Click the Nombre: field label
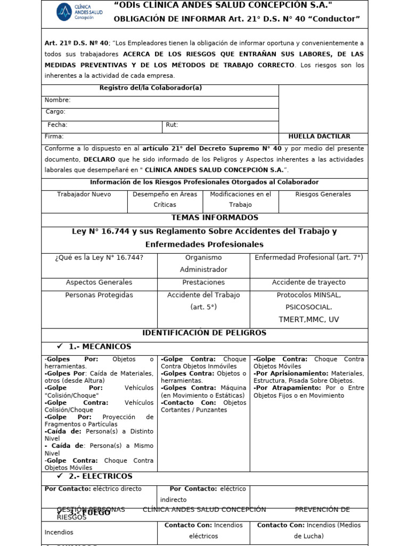click(58, 100)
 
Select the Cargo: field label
click(55, 112)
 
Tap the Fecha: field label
click(58, 125)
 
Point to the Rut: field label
click(171, 125)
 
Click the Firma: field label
click(54, 136)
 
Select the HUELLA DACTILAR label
click(319, 136)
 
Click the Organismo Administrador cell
click(203, 263)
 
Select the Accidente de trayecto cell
click(308, 283)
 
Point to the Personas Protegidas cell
click(99, 295)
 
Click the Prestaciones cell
click(203, 283)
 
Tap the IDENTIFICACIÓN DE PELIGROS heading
click(204, 333)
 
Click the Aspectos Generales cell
click(99, 283)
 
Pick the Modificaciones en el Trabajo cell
click(240, 199)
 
